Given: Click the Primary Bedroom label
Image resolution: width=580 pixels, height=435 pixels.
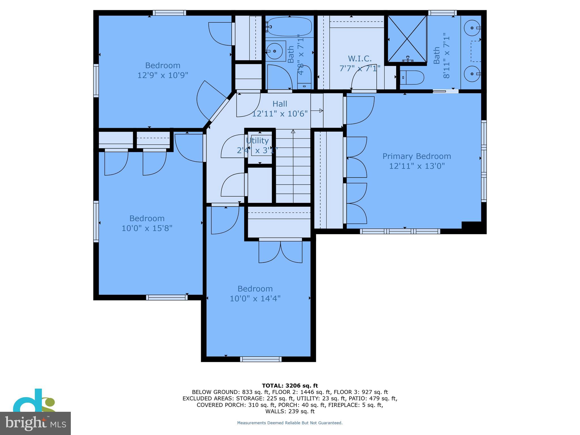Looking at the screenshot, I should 417,156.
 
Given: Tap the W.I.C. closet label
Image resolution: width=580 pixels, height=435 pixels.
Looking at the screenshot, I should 360,59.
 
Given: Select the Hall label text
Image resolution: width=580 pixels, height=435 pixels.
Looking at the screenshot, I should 280,104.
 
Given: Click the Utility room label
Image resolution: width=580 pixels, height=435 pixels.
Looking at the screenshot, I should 257,141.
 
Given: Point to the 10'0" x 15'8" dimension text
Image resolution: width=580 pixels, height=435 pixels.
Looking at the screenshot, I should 147,228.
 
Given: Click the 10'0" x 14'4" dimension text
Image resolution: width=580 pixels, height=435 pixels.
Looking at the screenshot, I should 255,298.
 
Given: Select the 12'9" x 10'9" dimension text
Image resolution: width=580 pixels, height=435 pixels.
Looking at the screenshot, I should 163,75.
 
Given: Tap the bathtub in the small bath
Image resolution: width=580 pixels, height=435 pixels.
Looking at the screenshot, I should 289,27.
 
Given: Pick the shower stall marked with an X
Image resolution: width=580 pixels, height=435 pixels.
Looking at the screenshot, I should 407,39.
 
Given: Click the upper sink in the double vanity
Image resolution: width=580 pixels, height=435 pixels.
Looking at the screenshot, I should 472,28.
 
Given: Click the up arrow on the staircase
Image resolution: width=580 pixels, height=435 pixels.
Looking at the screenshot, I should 293,132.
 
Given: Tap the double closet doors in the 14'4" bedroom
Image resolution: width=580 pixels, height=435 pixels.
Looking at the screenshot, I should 280,251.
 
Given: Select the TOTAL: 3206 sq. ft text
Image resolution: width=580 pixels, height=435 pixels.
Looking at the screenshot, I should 290,385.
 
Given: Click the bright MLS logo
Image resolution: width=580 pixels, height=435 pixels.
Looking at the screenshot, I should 35,423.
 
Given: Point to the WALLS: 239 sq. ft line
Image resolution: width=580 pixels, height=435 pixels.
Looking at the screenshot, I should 290,411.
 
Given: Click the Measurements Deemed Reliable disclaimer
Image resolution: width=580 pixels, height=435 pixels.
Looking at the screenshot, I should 290,423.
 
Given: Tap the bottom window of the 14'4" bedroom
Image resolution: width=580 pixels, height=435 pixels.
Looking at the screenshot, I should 261,359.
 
